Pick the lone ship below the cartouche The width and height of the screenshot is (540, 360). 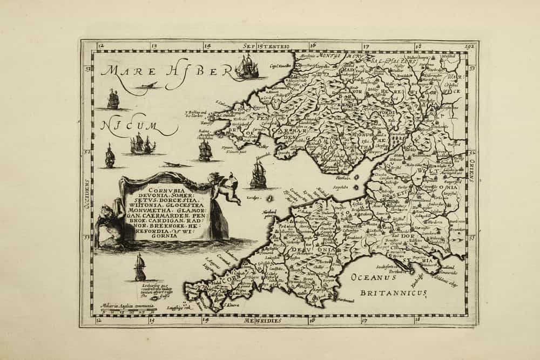pyautogui.click(x=140, y=268)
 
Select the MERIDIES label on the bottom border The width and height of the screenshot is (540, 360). pyautogui.click(x=262, y=320)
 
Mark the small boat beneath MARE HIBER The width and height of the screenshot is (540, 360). pyautogui.click(x=147, y=85)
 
